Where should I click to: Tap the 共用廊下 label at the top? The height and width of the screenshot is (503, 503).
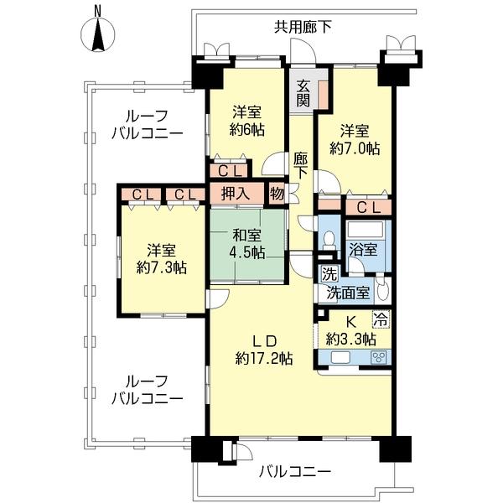[x=303, y=27]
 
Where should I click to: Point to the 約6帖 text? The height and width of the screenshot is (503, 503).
[x=249, y=130]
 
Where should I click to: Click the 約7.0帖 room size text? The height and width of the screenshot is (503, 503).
[x=355, y=148]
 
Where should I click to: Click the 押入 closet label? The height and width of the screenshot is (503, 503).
[x=235, y=194]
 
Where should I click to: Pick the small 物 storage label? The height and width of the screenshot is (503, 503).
[x=277, y=194]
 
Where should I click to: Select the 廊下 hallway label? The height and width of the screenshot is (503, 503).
[x=301, y=164]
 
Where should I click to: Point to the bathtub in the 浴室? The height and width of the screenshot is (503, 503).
[x=366, y=229]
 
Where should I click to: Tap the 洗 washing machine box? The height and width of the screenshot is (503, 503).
[x=326, y=274]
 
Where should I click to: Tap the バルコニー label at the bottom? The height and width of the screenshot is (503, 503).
[x=294, y=472]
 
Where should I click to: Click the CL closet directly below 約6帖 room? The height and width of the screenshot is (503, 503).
[x=229, y=170]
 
